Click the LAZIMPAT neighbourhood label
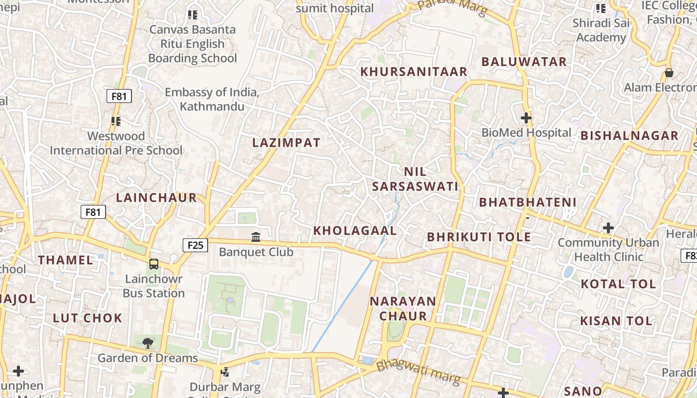click(x=286, y=143)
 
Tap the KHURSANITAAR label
click(x=414, y=72)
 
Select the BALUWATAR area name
click(x=524, y=62)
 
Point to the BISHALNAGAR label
click(x=629, y=135)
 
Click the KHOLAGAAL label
click(x=355, y=231)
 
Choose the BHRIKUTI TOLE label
click(x=479, y=237)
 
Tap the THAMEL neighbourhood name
click(x=65, y=260)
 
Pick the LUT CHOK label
click(x=88, y=318)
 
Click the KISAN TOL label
click(x=616, y=321)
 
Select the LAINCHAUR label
click(x=157, y=198)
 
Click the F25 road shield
click(x=195, y=245)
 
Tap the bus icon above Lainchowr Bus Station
click(x=154, y=264)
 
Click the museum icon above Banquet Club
click(x=256, y=237)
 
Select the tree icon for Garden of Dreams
click(x=147, y=343)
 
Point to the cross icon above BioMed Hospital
click(x=526, y=118)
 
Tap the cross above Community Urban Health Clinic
click(x=608, y=228)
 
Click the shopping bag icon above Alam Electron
click(x=669, y=73)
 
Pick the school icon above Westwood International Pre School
click(x=116, y=121)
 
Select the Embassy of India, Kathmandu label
click(x=212, y=99)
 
